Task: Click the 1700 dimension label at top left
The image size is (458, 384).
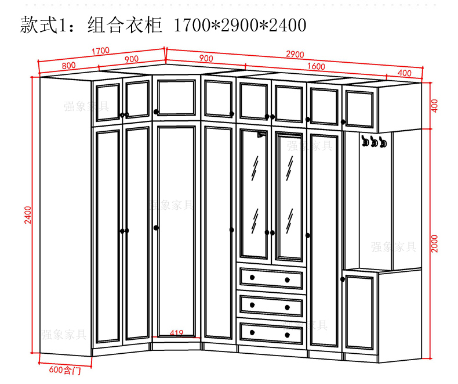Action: click(x=100, y=51)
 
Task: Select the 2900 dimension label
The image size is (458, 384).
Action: click(x=295, y=55)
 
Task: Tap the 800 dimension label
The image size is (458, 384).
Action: click(x=68, y=65)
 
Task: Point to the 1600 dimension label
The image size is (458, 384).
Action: click(x=316, y=66)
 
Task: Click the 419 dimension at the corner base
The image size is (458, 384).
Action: click(x=177, y=333)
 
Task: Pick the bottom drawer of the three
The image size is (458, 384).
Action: click(x=270, y=332)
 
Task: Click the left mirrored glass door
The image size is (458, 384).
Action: click(x=254, y=195)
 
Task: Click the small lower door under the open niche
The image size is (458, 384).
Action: click(x=359, y=312)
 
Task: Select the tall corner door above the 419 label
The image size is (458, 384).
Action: click(x=176, y=229)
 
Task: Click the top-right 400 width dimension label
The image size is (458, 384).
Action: click(x=405, y=73)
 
